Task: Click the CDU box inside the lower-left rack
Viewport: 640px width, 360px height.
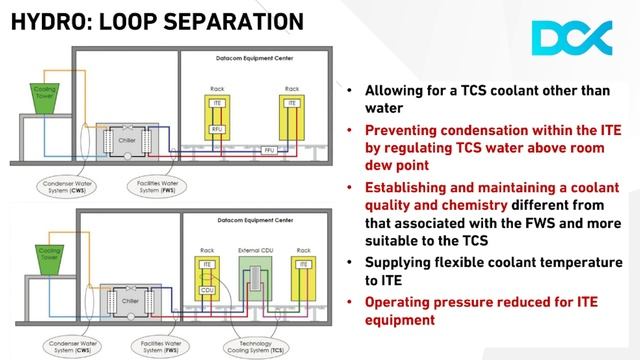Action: [207, 291]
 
